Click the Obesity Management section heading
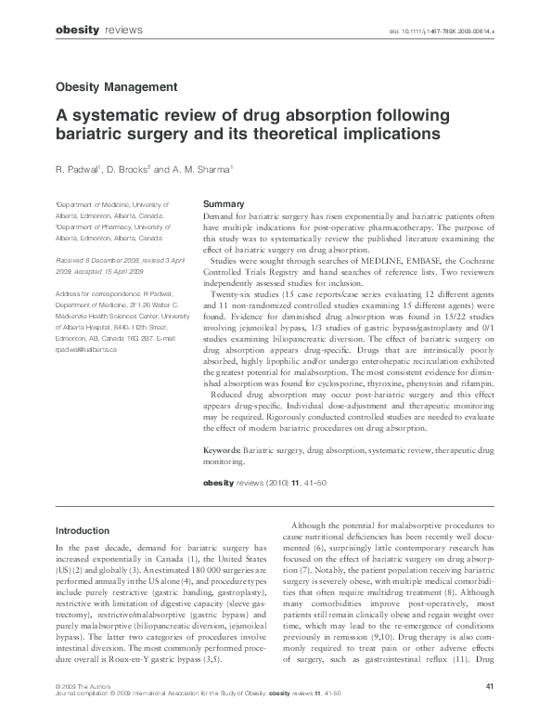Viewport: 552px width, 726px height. (x=116, y=86)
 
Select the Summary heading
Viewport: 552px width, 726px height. (x=223, y=203)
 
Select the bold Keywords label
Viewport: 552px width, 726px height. (x=227, y=450)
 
